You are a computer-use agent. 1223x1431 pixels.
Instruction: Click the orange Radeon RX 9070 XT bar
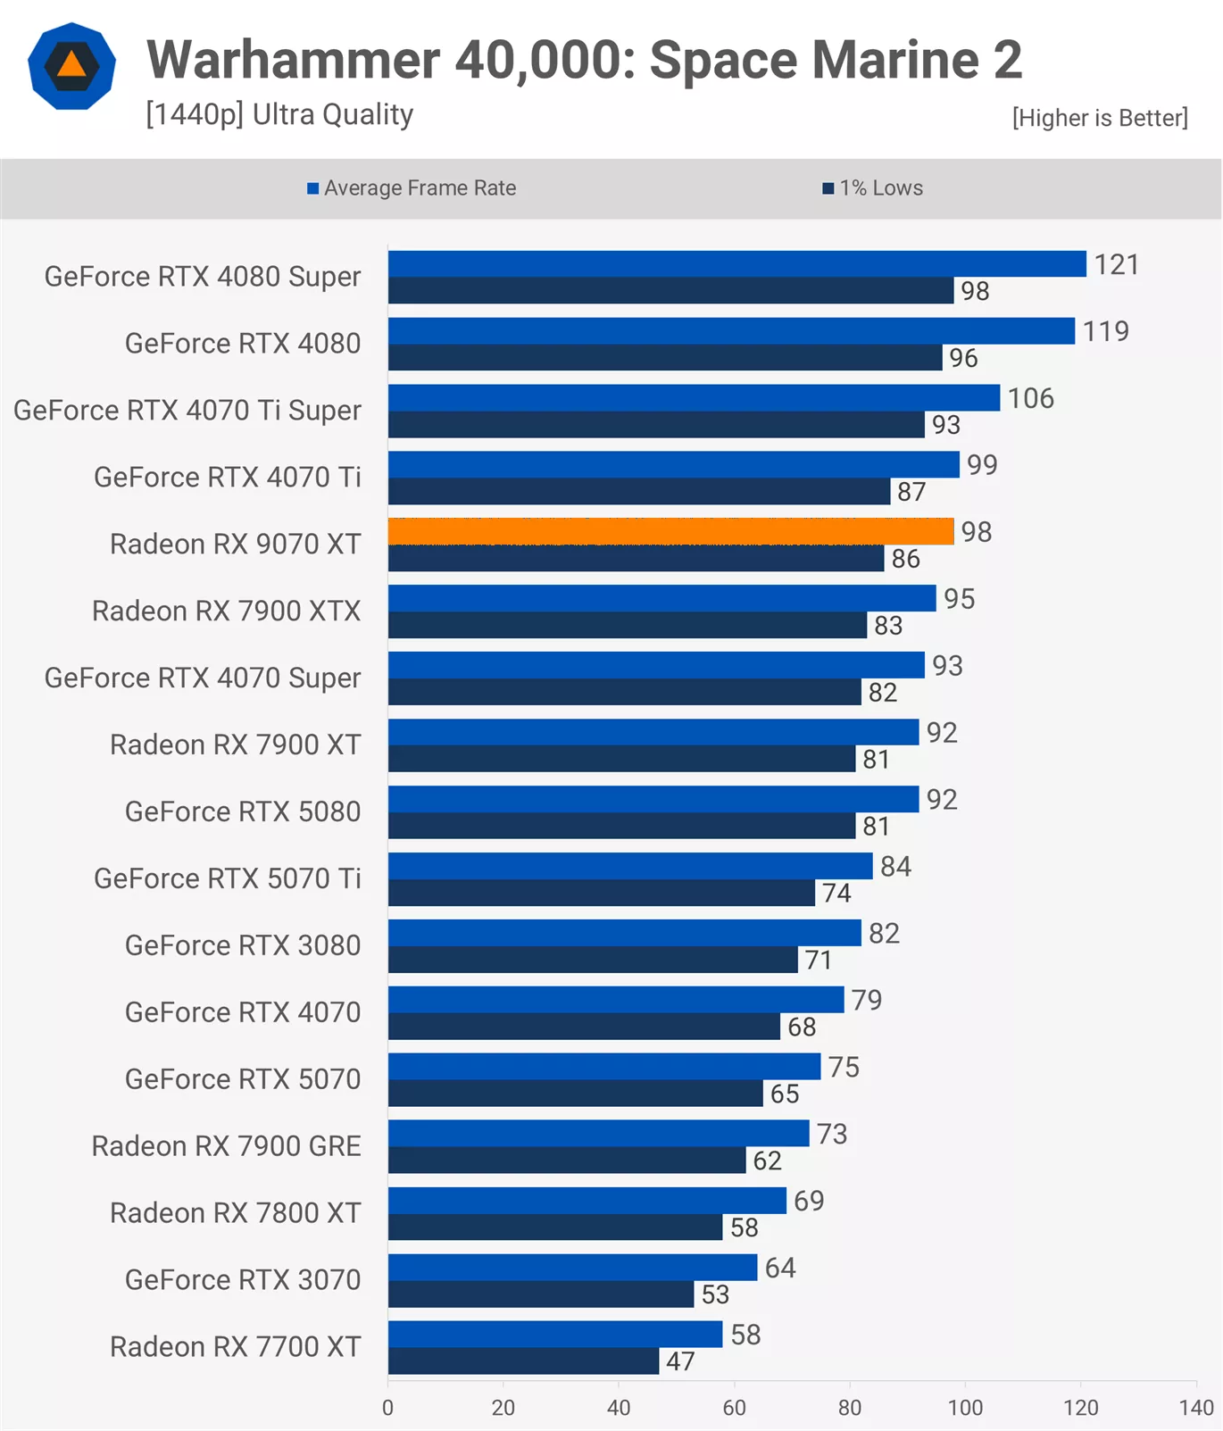(670, 531)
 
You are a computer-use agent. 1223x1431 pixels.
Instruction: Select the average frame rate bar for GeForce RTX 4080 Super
(736, 263)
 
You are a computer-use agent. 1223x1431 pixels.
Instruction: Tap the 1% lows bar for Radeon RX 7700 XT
(523, 1360)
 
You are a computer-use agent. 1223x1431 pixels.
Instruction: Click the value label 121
(1116, 265)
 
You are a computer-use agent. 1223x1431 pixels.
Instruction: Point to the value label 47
(680, 1361)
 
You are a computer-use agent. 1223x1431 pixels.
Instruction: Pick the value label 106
(1030, 398)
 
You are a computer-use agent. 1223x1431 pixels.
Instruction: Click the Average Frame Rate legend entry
(412, 188)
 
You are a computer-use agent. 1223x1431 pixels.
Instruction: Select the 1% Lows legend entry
(873, 188)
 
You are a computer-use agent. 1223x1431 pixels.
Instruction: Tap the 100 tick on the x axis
(965, 1408)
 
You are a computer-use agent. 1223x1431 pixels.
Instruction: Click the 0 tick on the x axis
(387, 1408)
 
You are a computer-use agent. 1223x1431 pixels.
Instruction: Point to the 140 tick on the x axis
(1196, 1408)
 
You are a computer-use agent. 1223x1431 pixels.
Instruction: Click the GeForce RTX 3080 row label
(243, 945)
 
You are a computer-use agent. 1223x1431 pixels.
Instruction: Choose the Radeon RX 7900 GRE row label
(226, 1146)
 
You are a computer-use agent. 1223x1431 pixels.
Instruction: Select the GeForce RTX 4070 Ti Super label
(187, 411)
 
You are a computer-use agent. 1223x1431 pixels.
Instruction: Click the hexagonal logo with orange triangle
(71, 66)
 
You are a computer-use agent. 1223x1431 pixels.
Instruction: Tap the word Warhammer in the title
(293, 60)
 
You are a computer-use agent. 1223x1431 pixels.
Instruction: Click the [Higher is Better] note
(1099, 118)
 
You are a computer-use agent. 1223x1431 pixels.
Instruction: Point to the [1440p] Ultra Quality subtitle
(279, 114)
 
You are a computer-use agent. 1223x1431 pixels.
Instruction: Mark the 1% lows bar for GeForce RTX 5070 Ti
(601, 893)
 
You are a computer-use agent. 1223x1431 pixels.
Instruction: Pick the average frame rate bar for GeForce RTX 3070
(572, 1267)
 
